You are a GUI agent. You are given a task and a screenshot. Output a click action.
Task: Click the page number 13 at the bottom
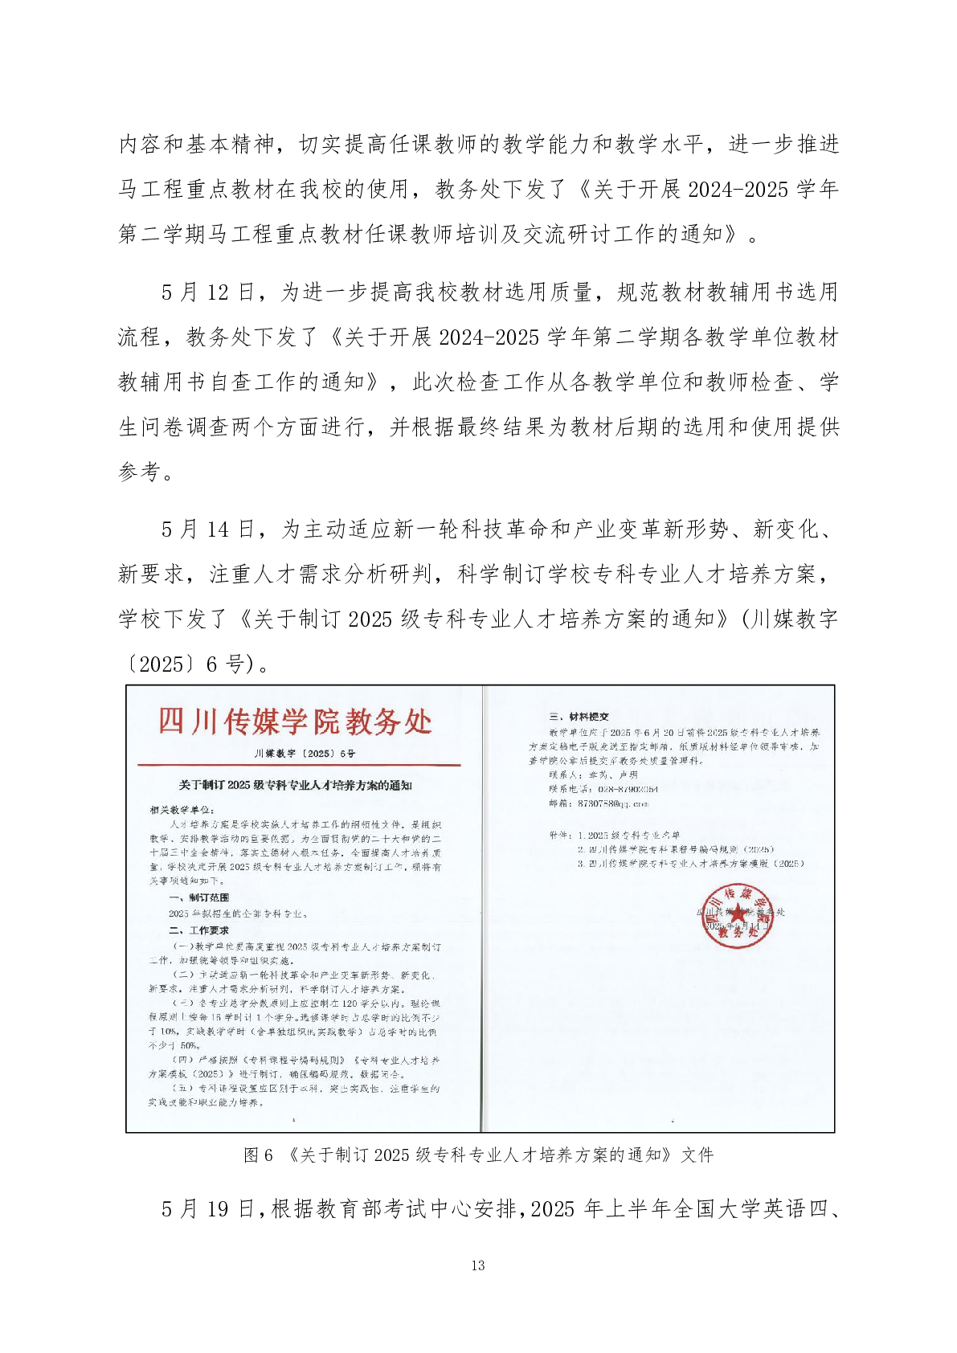point(478,1265)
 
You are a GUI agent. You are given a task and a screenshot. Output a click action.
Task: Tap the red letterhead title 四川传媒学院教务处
point(295,721)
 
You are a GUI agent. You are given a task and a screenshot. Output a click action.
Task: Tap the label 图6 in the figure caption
point(258,1155)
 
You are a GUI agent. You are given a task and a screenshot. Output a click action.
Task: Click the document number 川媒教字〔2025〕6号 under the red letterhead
point(305,754)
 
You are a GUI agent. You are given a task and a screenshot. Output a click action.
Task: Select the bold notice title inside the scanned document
point(295,785)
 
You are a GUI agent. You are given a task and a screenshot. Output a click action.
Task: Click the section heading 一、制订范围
point(198,897)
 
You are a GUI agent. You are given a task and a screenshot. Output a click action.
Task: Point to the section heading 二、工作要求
point(198,930)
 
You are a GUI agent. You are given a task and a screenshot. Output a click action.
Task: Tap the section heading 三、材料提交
point(579,717)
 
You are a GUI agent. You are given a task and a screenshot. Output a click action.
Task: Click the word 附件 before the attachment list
point(559,835)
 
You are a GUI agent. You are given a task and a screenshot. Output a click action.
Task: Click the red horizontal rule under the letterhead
point(299,766)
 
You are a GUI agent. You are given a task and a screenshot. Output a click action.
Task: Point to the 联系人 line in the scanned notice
point(593,775)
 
